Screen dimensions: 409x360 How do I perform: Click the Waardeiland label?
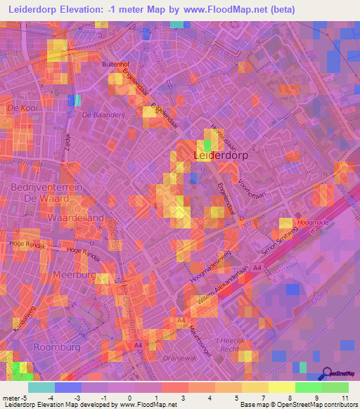point(75,218)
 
